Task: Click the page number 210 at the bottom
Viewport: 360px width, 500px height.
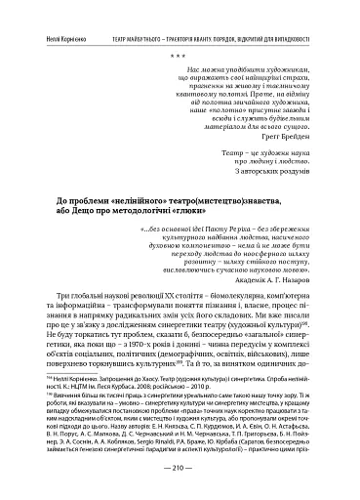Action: [x=180, y=468]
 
